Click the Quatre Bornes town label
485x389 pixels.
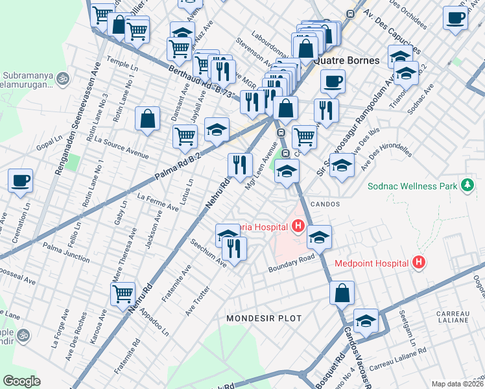click(346, 60)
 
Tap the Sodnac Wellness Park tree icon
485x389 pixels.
click(466, 186)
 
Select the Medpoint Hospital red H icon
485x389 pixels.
click(419, 263)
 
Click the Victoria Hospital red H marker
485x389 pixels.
click(298, 226)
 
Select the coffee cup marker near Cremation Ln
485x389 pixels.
click(20, 181)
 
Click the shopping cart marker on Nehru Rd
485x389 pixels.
click(123, 294)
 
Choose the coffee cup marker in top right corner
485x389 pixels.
click(456, 18)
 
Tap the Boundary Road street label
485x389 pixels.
click(291, 265)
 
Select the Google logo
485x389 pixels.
click(21, 381)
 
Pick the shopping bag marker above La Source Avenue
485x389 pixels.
click(148, 119)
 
